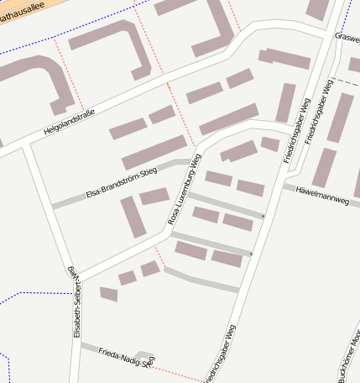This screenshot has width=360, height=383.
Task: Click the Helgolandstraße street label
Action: pos(69,123)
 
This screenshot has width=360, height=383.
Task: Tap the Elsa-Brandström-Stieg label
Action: pos(122,184)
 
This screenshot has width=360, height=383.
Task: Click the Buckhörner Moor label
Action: pos(349,358)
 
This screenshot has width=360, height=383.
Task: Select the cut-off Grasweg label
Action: pos(347,37)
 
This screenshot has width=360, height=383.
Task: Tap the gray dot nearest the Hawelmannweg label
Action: pos(263,217)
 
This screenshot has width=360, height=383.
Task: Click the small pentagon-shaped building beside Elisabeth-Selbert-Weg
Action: pos(108,293)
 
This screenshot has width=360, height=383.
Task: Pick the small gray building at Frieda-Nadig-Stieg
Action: pos(145,356)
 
